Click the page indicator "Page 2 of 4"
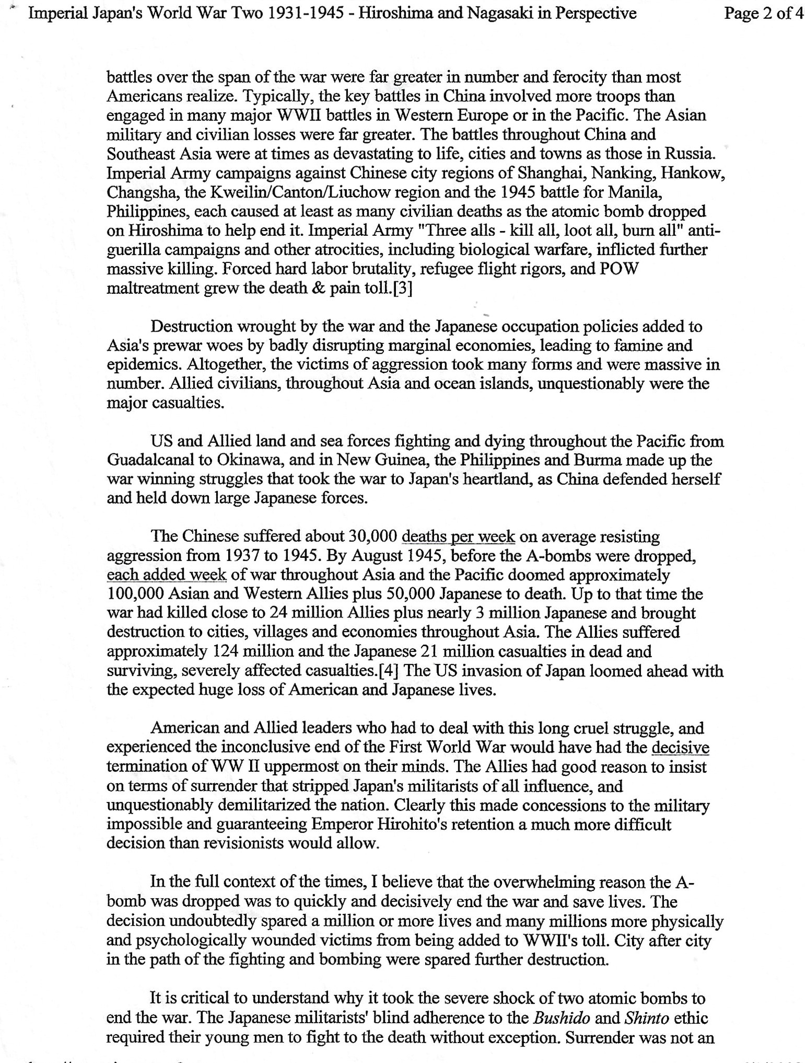pyautogui.click(x=763, y=13)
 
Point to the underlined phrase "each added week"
pyautogui.click(x=166, y=575)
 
